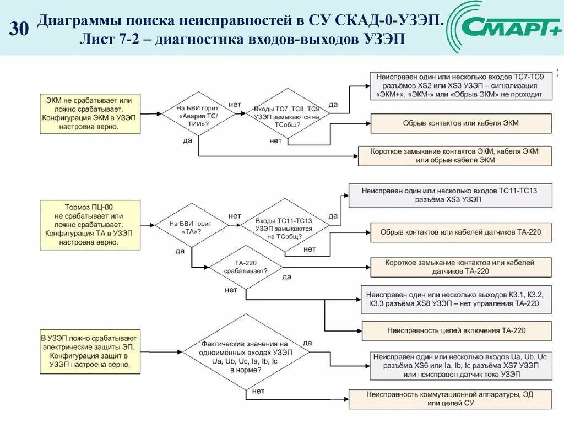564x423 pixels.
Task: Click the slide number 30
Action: (x=19, y=29)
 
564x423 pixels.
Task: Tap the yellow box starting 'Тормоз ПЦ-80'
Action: (x=89, y=224)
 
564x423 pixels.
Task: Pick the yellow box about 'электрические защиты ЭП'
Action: (x=90, y=352)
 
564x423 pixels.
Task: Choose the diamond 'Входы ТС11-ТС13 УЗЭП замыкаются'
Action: (x=284, y=228)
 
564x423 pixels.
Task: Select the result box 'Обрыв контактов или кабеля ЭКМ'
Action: (x=460, y=123)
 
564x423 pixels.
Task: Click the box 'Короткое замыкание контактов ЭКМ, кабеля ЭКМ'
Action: (x=454, y=155)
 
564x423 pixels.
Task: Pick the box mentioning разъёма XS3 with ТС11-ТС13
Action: (x=450, y=195)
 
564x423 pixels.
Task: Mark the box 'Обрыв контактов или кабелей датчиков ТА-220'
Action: (x=460, y=232)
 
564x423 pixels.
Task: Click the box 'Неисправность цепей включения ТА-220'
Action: (x=456, y=330)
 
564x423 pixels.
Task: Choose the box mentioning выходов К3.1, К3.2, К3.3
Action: (x=455, y=299)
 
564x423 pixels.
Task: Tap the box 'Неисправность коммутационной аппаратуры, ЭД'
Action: (x=450, y=399)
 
